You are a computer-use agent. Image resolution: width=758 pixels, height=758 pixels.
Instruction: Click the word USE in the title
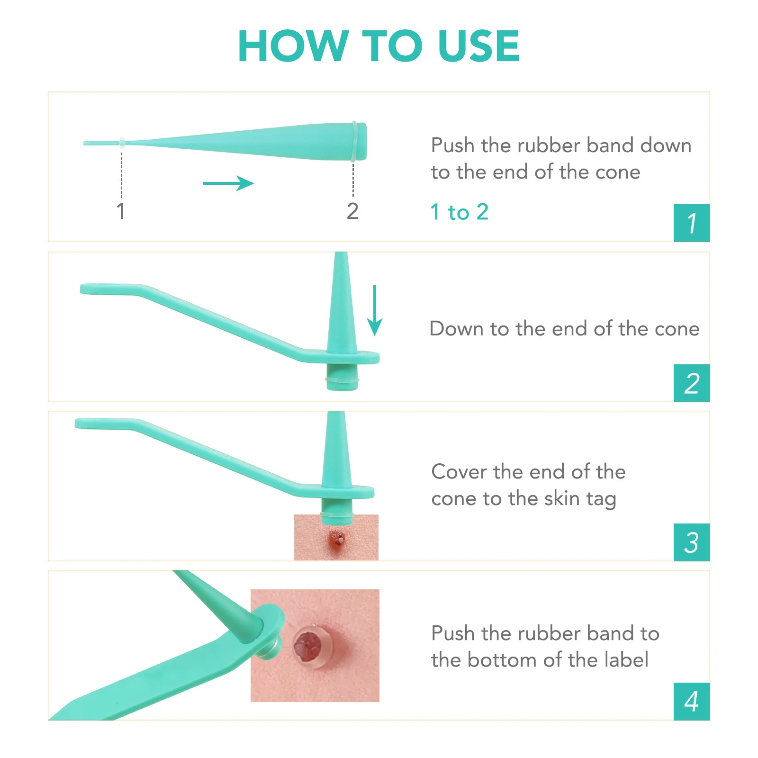point(478,46)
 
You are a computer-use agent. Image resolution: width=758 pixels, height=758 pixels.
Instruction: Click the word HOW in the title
point(293,46)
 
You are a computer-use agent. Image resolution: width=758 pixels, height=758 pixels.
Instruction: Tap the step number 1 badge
point(691,223)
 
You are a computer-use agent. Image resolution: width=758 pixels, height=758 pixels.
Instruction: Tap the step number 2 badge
point(691,383)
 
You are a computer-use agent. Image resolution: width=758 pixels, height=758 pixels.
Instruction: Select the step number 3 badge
point(691,542)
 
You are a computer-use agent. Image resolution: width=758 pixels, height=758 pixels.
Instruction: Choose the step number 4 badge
point(691,702)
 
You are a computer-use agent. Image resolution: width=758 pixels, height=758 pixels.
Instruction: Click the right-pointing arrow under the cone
point(228,183)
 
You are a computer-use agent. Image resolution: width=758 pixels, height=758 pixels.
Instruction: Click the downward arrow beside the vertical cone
point(375,310)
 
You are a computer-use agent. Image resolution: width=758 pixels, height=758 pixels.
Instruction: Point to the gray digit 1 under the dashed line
point(121,211)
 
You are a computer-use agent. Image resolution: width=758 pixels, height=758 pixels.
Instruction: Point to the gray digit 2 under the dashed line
point(352,211)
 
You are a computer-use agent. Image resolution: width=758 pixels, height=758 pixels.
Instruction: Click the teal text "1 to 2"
point(459,212)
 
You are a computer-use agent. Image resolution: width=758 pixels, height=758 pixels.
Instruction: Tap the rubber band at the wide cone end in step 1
point(354,141)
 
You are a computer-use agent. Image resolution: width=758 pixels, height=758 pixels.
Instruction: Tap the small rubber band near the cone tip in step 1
point(122,142)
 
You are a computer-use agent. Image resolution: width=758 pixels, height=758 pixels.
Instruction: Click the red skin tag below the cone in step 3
point(337,539)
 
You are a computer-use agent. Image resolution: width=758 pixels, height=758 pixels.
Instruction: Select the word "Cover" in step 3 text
point(459,472)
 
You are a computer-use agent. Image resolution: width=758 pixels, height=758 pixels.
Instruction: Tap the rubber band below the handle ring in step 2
point(342,379)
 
